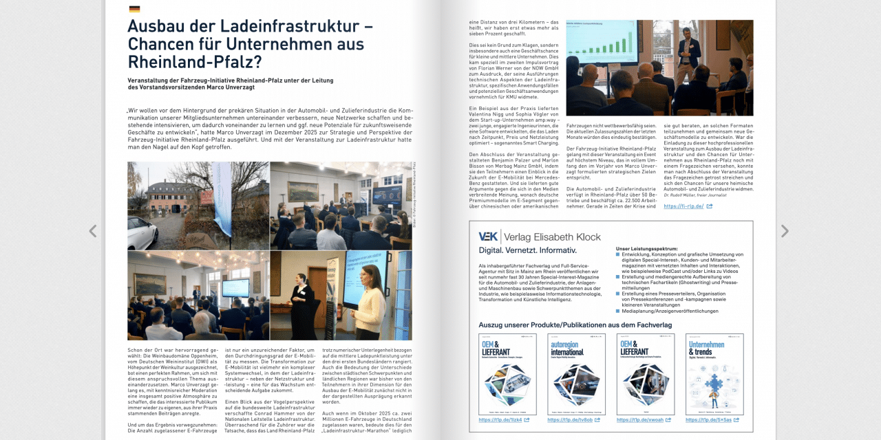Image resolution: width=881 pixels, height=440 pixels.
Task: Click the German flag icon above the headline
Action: pyautogui.click(x=134, y=9)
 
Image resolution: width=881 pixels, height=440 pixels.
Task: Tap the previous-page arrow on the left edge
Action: pyautogui.click(x=93, y=231)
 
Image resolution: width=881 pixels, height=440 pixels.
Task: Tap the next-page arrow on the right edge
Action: pyautogui.click(x=784, y=231)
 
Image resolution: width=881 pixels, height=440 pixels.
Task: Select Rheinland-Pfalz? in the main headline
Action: pyautogui.click(x=195, y=62)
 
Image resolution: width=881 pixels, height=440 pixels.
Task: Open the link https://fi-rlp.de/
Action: pyautogui.click(x=683, y=206)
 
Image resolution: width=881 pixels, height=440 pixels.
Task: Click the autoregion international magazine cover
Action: pyautogui.click(x=576, y=374)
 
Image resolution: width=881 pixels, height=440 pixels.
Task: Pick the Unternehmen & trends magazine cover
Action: pyautogui.click(x=714, y=374)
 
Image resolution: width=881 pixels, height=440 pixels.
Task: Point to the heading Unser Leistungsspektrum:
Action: pyautogui.click(x=647, y=248)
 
